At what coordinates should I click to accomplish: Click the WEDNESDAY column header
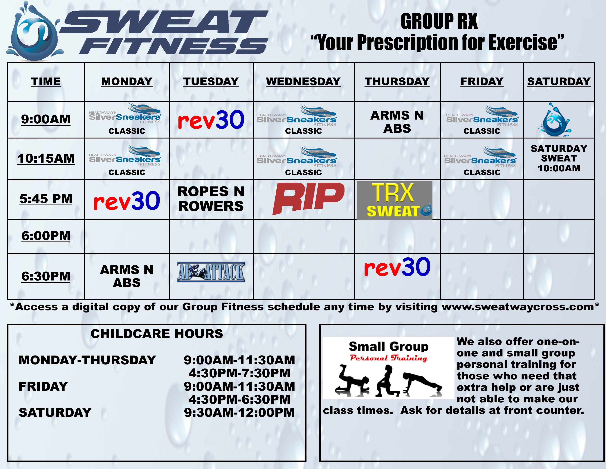tap(303, 81)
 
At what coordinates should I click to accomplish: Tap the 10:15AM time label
tap(46, 158)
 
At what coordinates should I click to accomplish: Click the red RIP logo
tap(308, 198)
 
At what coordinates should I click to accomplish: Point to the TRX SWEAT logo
tap(394, 200)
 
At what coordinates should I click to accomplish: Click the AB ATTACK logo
tap(211, 272)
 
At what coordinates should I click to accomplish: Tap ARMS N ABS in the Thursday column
tap(397, 122)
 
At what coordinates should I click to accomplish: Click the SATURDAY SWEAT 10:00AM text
tap(559, 158)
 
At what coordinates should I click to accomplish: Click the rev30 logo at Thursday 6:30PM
tap(397, 267)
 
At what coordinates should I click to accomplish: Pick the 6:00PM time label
tap(46, 236)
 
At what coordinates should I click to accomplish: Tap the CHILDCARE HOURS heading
tap(157, 334)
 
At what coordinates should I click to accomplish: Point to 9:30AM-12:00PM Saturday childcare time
tap(239, 413)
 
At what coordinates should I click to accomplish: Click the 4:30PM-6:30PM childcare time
tap(239, 399)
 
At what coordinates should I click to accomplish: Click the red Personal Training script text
tap(388, 358)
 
